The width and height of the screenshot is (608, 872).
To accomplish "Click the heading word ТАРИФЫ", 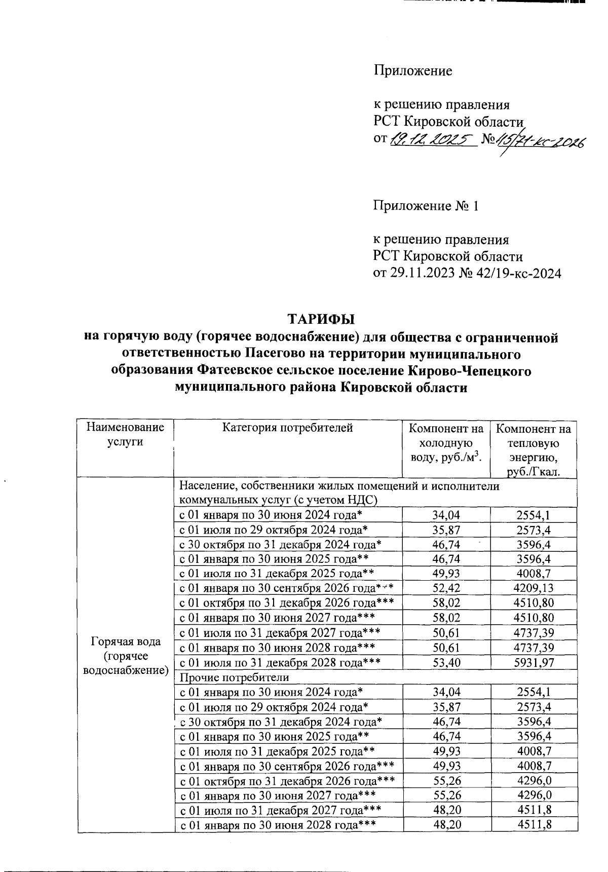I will pyautogui.click(x=321, y=320).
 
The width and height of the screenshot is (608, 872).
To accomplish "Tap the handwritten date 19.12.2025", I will pyautogui.click(x=431, y=139).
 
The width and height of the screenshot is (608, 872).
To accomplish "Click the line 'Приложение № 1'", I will pyautogui.click(x=426, y=206).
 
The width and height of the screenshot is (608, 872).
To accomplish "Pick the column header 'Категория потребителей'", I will pyautogui.click(x=287, y=428).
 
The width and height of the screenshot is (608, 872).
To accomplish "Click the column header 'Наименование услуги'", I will pyautogui.click(x=126, y=435).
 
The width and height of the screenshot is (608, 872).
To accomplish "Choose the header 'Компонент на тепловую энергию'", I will pyautogui.click(x=534, y=450).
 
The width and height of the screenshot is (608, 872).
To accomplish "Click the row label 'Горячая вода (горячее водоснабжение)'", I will pyautogui.click(x=126, y=656).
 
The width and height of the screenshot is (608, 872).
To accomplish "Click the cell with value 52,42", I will pyautogui.click(x=446, y=588).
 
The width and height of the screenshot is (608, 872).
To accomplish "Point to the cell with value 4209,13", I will pyautogui.click(x=534, y=588).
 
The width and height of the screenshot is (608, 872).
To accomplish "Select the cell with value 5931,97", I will pyautogui.click(x=534, y=662).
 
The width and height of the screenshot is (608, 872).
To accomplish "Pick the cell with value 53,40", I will pyautogui.click(x=446, y=662).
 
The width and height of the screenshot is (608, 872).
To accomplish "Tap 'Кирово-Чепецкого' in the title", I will pyautogui.click(x=469, y=371).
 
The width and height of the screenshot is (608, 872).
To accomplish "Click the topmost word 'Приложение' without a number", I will pyautogui.click(x=412, y=71).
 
